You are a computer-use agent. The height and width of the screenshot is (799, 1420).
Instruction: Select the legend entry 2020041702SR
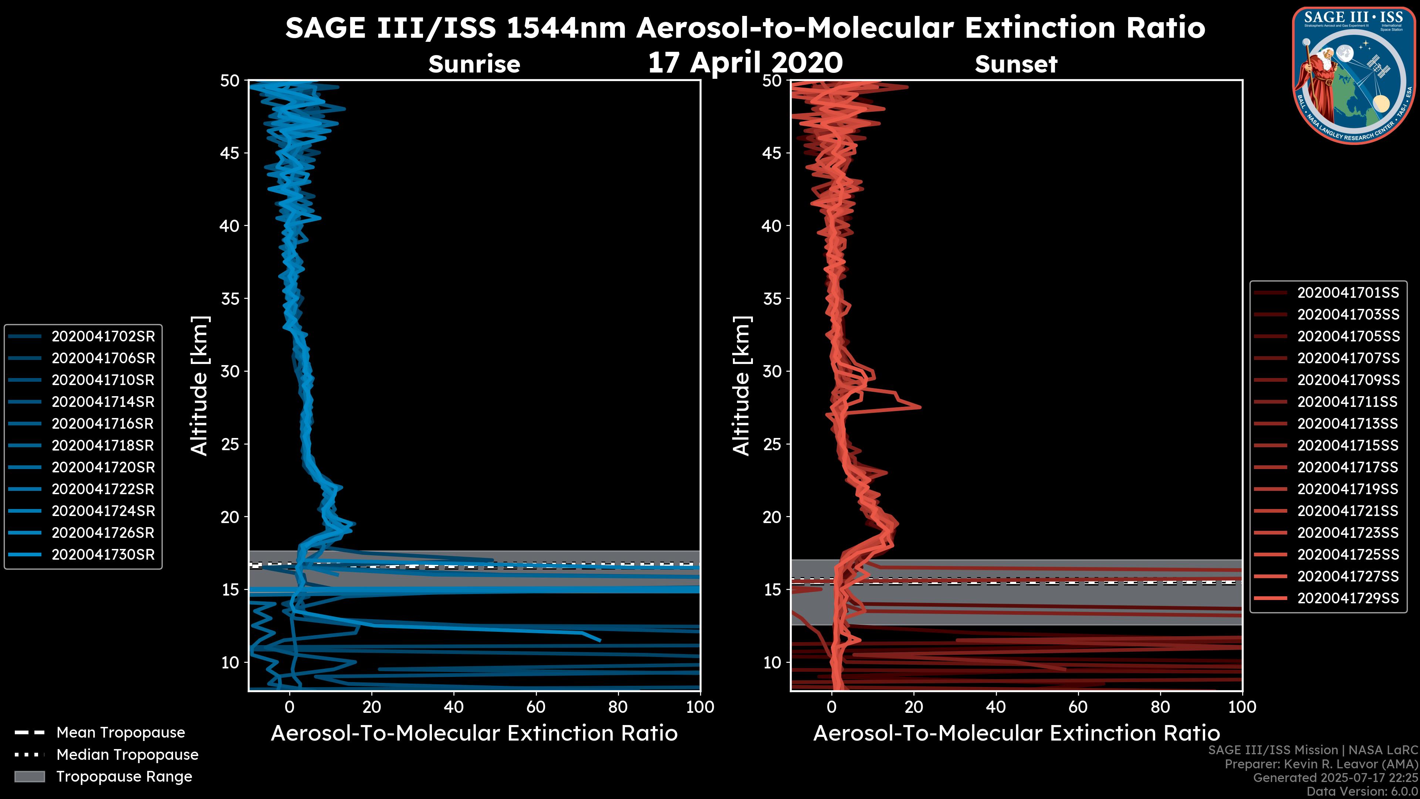pyautogui.click(x=103, y=336)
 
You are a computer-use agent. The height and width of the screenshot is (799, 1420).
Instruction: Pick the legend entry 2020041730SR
pyautogui.click(x=103, y=555)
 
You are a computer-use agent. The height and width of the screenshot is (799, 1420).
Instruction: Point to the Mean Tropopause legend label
pyautogui.click(x=121, y=733)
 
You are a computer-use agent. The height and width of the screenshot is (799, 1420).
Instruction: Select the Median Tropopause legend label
pyautogui.click(x=127, y=755)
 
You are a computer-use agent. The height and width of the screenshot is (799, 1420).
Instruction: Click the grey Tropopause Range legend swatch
pyautogui.click(x=29, y=777)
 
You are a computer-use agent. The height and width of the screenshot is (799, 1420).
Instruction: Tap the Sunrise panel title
pyautogui.click(x=474, y=64)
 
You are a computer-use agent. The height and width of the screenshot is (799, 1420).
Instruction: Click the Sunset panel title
pyautogui.click(x=1016, y=64)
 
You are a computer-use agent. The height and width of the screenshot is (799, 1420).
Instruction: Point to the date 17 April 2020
pyautogui.click(x=745, y=62)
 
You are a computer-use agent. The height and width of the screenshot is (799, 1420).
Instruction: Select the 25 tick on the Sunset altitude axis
pyautogui.click(x=773, y=444)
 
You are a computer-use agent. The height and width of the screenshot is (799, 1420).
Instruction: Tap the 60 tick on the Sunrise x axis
pyautogui.click(x=536, y=707)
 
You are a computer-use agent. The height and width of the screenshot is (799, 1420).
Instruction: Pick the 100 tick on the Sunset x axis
pyautogui.click(x=1242, y=707)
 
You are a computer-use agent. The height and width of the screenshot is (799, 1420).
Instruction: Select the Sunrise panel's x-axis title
pyautogui.click(x=474, y=734)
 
